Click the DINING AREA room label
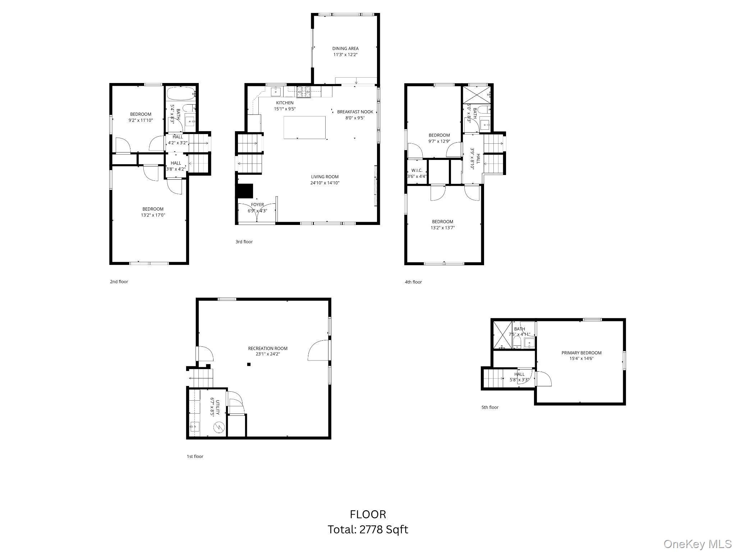click(345, 49)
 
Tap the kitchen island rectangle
click(304, 127)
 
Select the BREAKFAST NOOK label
click(355, 112)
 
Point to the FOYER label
click(257, 204)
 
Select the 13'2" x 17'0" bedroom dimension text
click(153, 215)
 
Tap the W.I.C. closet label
click(417, 170)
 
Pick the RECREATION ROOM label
click(268, 348)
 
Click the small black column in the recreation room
click(249, 364)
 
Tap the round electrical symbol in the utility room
click(218, 427)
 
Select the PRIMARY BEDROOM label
click(581, 353)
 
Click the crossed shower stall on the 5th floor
click(502, 335)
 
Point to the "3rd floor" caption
click(244, 242)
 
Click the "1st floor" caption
click(195, 456)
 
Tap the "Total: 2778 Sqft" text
click(368, 529)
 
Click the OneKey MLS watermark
click(697, 544)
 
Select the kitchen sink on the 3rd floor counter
click(276, 91)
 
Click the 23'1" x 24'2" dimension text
click(268, 354)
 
